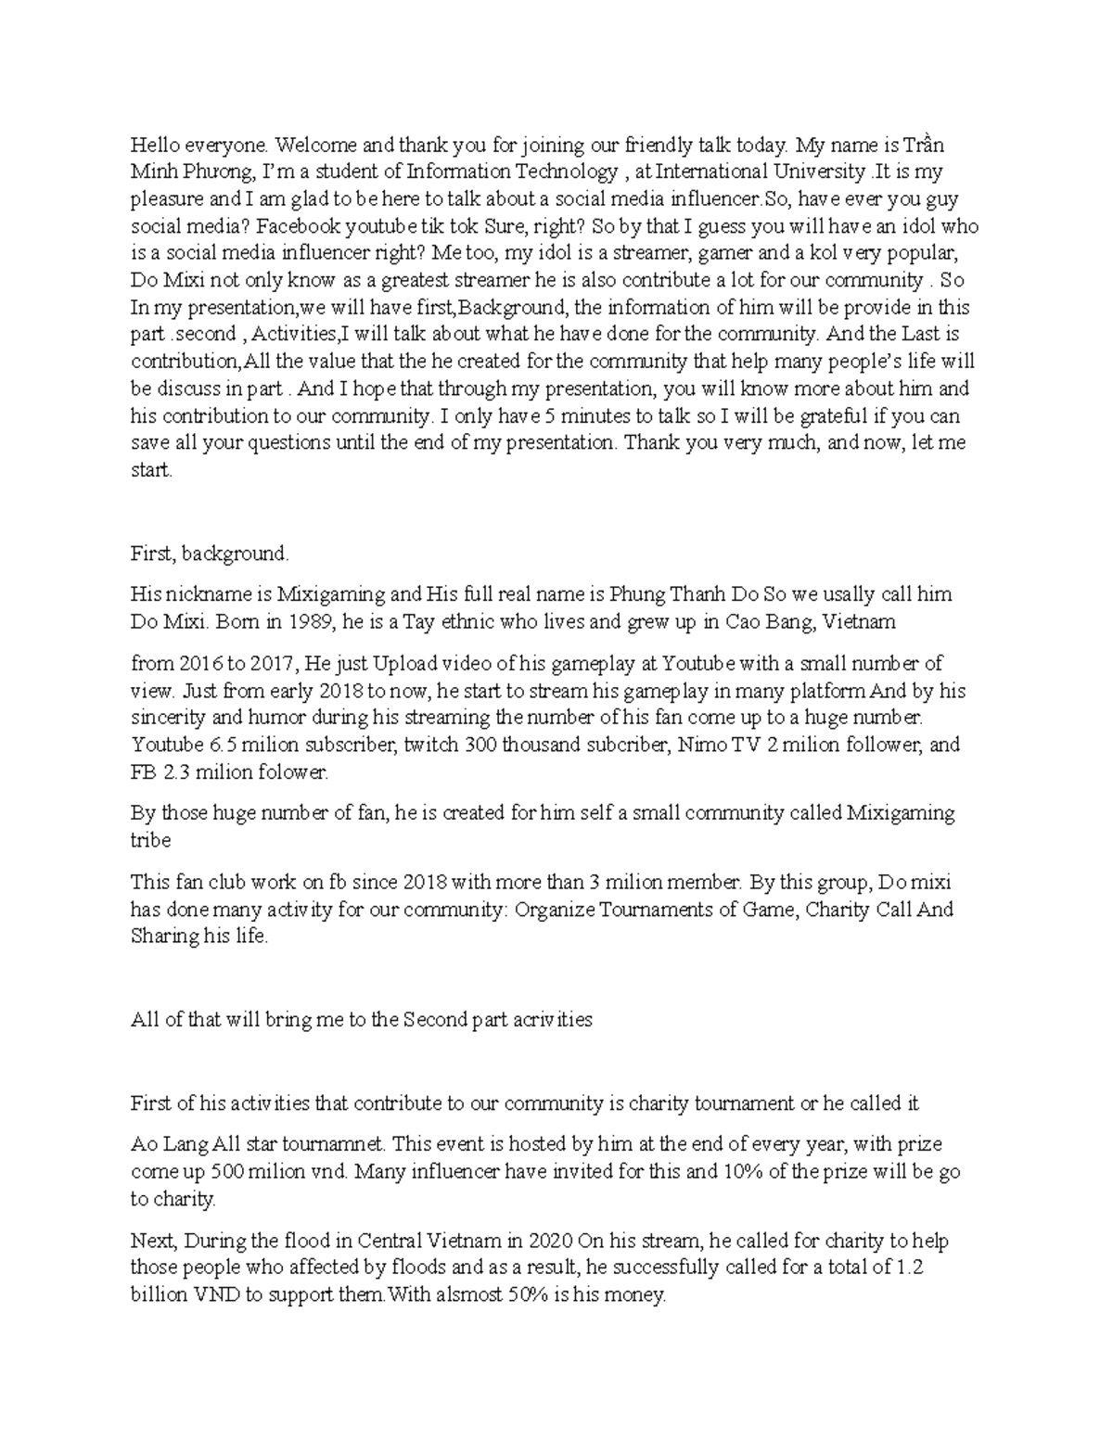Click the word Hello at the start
(x=154, y=145)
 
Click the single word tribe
(x=150, y=840)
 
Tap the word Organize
(x=554, y=910)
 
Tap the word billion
(x=160, y=1295)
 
